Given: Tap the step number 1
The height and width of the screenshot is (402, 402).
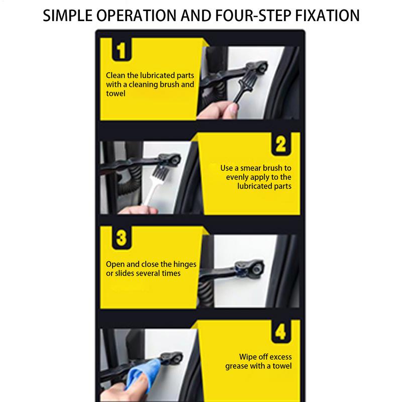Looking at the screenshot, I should point(121,51).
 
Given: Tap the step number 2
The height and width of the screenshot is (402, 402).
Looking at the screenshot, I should point(280,144).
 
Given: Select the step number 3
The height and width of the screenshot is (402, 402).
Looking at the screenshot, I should point(121,237).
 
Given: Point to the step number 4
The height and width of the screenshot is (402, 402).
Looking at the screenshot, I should point(280,333).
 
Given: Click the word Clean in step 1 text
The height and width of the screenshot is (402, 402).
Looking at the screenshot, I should point(116,75).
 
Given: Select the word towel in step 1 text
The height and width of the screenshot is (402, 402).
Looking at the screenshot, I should point(116,93).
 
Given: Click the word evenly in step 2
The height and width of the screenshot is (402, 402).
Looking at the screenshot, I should point(238,177).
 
